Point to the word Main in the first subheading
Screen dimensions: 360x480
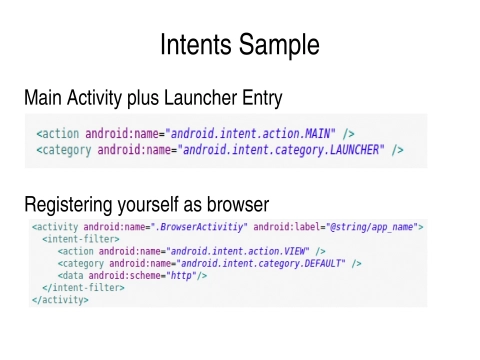[44, 98]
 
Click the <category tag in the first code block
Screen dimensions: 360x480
[64, 150]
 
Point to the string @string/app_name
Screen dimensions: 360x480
[374, 228]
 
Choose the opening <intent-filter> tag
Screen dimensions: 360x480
[79, 240]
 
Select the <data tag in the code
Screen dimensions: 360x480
[70, 276]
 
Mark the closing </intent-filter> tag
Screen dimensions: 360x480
[82, 288]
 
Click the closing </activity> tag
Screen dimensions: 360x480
[59, 300]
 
